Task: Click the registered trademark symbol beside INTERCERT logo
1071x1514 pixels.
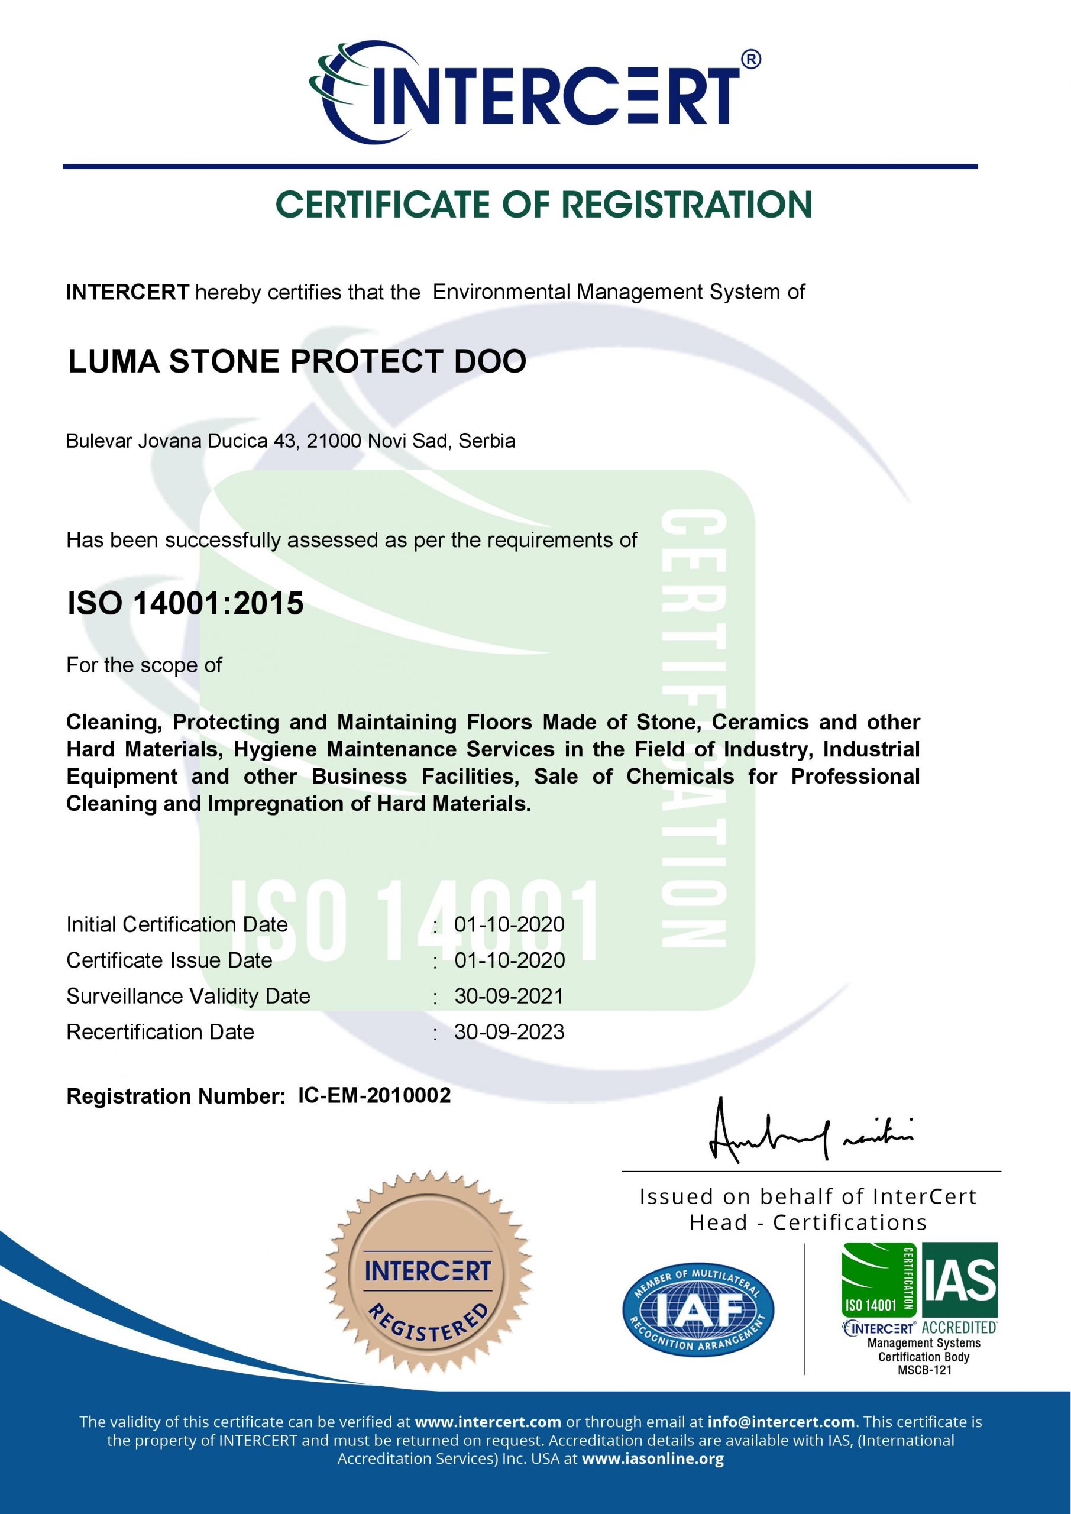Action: (750, 59)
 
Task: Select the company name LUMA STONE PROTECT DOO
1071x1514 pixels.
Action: (297, 361)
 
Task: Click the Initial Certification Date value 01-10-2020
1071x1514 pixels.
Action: (509, 924)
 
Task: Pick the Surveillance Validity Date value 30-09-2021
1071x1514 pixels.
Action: (509, 996)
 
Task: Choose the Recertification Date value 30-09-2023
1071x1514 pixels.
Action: (509, 1031)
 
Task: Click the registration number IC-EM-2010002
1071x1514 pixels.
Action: (374, 1095)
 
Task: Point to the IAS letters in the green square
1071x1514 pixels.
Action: (960, 1280)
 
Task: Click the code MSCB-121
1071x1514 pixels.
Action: (924, 1370)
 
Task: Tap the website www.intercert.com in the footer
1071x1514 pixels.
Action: (488, 1422)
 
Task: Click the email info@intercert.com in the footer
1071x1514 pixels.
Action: (781, 1422)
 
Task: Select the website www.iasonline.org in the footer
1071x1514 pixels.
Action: (653, 1458)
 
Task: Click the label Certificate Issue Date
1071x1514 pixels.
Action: (170, 960)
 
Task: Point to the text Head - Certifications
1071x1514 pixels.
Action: (808, 1222)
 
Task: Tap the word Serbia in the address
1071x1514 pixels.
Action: (487, 441)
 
